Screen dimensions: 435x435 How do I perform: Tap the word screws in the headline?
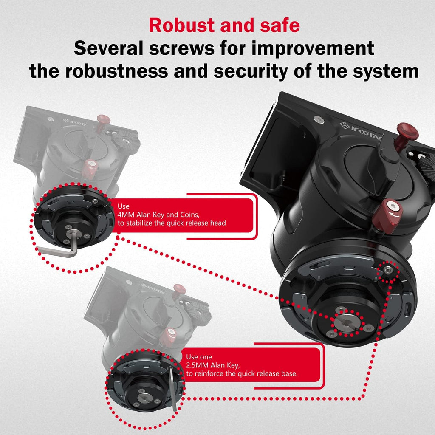(182, 48)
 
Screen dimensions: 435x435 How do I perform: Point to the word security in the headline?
(251, 71)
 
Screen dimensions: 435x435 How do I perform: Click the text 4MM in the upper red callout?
(126, 215)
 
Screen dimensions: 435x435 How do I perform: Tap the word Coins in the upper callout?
(190, 215)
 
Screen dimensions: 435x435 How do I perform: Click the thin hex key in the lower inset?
(172, 388)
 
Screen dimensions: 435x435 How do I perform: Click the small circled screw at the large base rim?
(387, 270)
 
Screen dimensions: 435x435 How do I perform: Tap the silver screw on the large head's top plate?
(319, 119)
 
